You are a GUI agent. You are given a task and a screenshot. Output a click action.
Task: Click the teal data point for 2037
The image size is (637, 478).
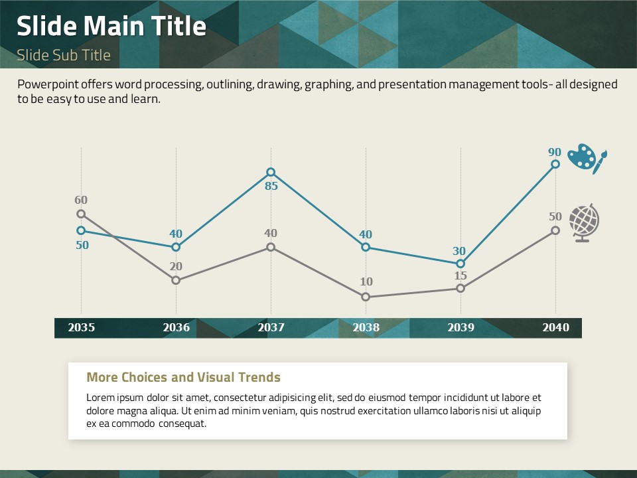click(x=271, y=172)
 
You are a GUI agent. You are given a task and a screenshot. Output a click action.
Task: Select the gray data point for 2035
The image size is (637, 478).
click(x=81, y=214)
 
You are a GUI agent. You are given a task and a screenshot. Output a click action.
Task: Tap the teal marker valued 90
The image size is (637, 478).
click(x=555, y=164)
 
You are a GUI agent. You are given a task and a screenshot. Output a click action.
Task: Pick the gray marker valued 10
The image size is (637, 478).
click(x=366, y=297)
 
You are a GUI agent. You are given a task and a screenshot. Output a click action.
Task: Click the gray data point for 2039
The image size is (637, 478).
click(x=460, y=288)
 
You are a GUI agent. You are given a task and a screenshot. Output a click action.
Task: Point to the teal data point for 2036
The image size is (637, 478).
click(x=176, y=247)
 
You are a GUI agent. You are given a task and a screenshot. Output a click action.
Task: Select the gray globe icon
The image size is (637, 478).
click(x=584, y=222)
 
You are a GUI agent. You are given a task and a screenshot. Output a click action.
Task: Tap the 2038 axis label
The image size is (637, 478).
click(x=366, y=327)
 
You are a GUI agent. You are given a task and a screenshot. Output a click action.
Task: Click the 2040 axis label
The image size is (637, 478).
click(x=555, y=327)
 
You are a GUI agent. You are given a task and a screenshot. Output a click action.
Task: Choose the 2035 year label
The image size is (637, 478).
click(x=81, y=327)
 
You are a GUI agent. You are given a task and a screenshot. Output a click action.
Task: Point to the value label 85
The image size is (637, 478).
click(x=271, y=187)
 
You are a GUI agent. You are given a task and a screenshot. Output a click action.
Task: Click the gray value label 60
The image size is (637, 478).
click(x=81, y=200)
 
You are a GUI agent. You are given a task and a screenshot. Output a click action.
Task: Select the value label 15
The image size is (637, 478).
click(x=460, y=276)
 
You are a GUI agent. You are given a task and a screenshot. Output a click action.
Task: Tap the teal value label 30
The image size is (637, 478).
click(x=459, y=252)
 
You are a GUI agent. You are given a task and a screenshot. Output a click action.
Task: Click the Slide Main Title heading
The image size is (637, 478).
click(x=111, y=27)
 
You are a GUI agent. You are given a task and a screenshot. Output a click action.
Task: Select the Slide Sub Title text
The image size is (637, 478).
click(x=64, y=55)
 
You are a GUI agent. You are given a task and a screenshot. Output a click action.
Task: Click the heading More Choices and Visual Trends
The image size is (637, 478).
click(x=183, y=378)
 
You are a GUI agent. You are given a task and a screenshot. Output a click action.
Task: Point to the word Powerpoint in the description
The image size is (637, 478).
click(x=46, y=85)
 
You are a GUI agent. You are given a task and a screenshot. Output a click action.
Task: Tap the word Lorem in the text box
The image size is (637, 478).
click(x=100, y=398)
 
